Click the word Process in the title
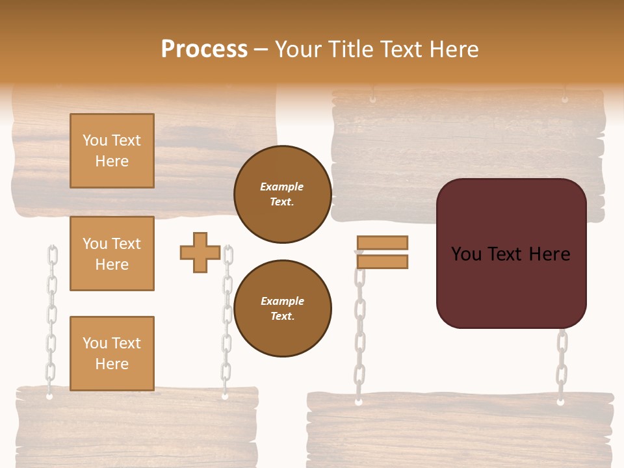pyautogui.click(x=204, y=49)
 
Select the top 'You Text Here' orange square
pyautogui.click(x=112, y=151)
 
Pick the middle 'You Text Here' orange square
pyautogui.click(x=112, y=253)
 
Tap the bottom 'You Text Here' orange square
pyautogui.click(x=112, y=353)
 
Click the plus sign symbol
pyautogui.click(x=200, y=252)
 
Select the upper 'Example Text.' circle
pyautogui.click(x=282, y=194)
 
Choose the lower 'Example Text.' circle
pyautogui.click(x=282, y=308)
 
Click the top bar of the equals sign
pyautogui.click(x=382, y=242)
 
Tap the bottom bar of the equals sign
pyautogui.click(x=382, y=261)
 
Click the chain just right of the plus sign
pyautogui.click(x=227, y=325)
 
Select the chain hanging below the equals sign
pyautogui.click(x=359, y=338)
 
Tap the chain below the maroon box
pyautogui.click(x=562, y=364)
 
